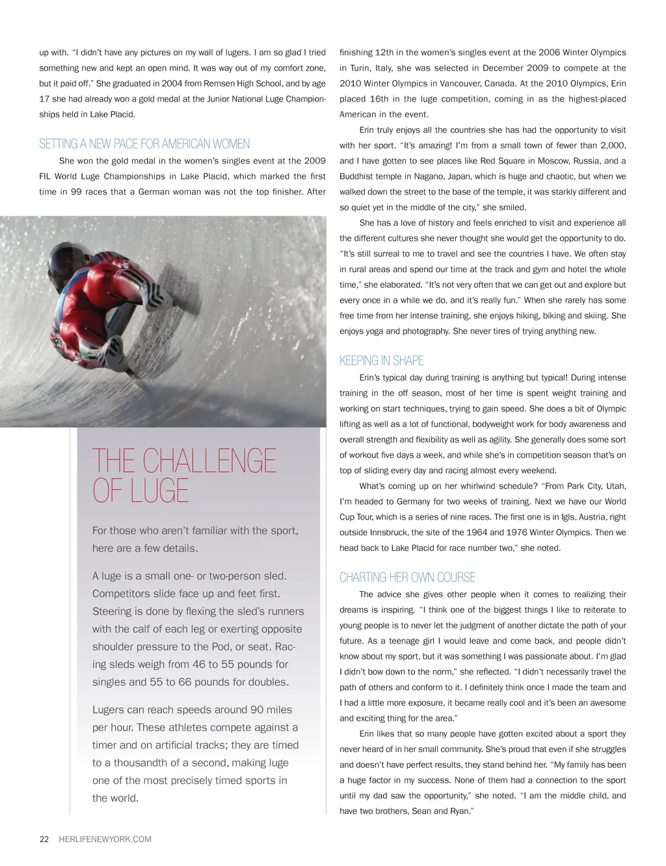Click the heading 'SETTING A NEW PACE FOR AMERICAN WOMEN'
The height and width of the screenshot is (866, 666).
pos(144,144)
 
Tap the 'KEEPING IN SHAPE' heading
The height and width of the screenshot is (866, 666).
pos(381,361)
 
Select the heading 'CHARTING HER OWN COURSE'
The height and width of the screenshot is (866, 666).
pos(407,578)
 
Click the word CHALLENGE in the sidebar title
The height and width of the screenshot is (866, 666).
pos(209,461)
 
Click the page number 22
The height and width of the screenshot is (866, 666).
pos(44,839)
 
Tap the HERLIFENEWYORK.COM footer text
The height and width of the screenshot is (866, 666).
pos(105,839)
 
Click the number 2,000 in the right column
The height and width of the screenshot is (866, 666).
pos(612,145)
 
